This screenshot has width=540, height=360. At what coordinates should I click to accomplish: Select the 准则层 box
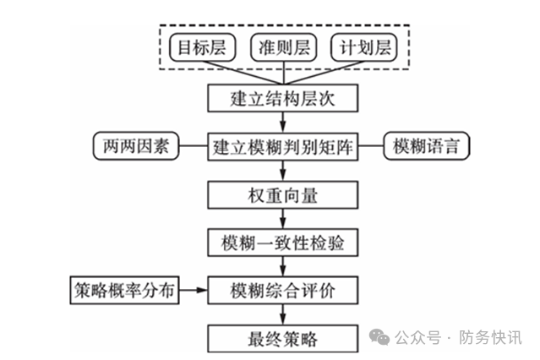click(x=284, y=48)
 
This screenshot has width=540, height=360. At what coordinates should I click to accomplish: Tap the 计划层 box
click(x=364, y=48)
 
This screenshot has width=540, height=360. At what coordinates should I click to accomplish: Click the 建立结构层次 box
click(x=283, y=98)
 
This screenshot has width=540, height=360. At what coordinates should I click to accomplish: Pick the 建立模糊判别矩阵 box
click(x=283, y=146)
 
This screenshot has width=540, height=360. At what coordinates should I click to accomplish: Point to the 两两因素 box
click(x=134, y=146)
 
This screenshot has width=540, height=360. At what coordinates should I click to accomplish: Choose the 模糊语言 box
click(x=427, y=146)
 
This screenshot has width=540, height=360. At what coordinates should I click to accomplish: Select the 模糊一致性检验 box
click(x=283, y=243)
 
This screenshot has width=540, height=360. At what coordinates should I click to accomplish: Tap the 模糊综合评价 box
click(x=283, y=292)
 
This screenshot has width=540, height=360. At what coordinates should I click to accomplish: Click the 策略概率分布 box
click(x=123, y=292)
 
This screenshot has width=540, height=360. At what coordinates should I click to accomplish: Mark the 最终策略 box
click(x=283, y=340)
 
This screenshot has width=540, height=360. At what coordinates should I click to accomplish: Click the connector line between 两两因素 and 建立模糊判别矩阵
click(x=193, y=146)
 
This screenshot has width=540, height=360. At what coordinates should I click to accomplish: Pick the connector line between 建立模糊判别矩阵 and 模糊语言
click(x=372, y=146)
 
